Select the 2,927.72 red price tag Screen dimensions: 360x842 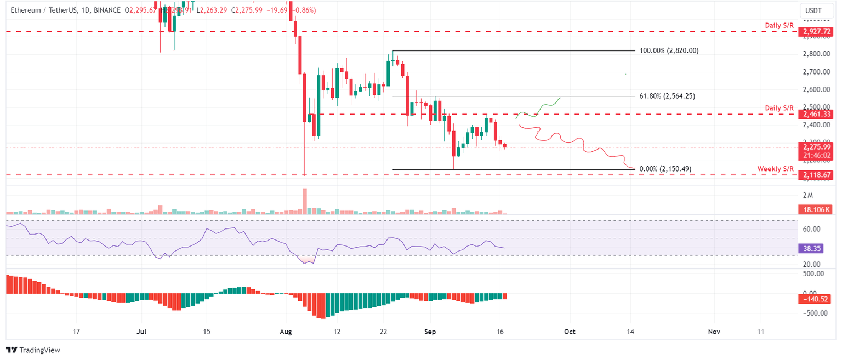817,32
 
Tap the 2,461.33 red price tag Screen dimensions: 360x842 817,114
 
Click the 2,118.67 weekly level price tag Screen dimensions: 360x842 817,175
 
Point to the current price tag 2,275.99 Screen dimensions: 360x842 817,147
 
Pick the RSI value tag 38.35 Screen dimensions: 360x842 812,248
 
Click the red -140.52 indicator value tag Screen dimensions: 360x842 815,299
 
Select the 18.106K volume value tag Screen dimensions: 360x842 816,209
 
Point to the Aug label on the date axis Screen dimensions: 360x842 286,332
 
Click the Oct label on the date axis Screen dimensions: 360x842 570,332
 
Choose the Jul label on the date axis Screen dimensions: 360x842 141,332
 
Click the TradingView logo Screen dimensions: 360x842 33,350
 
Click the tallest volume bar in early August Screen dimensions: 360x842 305,201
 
